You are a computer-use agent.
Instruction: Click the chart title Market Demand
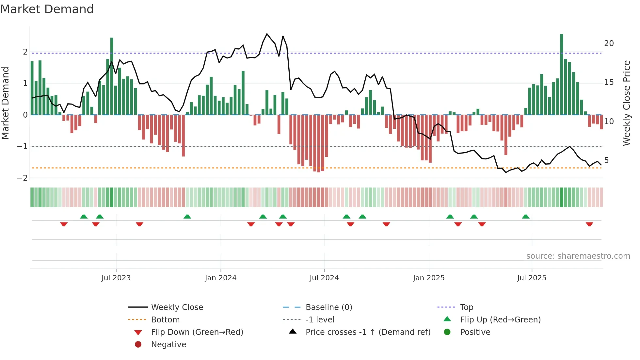pyautogui.click(x=47, y=9)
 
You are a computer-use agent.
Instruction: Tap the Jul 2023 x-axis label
pyautogui.click(x=116, y=278)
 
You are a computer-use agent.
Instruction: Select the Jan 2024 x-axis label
pyautogui.click(x=220, y=278)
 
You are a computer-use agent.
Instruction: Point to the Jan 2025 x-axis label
pyautogui.click(x=428, y=278)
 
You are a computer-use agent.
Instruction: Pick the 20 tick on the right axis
pyautogui.click(x=609, y=43)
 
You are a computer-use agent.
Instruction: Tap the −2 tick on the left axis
pyautogui.click(x=22, y=178)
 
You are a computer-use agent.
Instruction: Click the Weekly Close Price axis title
pyautogui.click(x=626, y=103)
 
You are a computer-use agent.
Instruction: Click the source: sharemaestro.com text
pyautogui.click(x=578, y=256)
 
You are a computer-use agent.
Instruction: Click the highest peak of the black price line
pyautogui.click(x=267, y=34)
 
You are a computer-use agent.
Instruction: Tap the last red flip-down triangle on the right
pyautogui.click(x=589, y=224)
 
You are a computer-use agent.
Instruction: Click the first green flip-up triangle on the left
pyautogui.click(x=84, y=217)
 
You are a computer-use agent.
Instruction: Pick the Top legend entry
pyautogui.click(x=466, y=307)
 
